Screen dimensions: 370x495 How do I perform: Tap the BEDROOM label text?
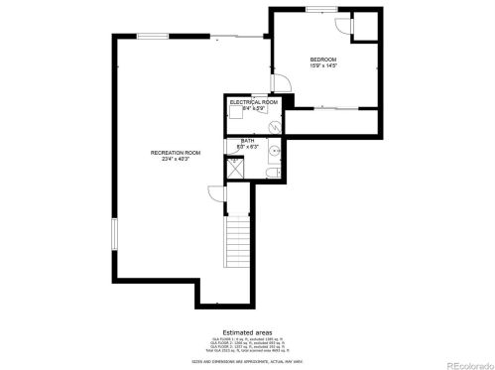(x=323, y=59)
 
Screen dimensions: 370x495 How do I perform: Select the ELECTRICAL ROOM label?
(x=253, y=102)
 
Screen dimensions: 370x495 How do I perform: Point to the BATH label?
(x=247, y=140)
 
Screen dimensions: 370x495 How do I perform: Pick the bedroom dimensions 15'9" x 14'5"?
(x=323, y=65)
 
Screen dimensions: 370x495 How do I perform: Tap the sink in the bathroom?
(x=273, y=154)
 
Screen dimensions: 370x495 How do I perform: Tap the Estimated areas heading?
(x=246, y=332)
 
